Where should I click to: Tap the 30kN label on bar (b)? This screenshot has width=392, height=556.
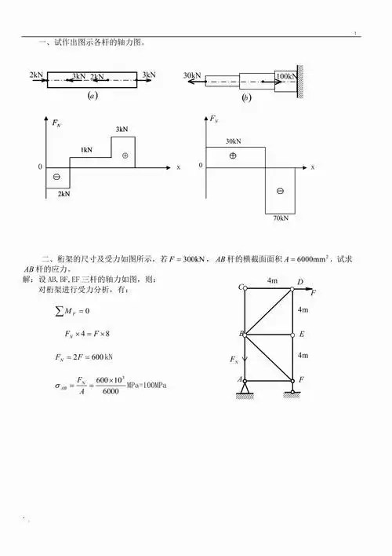[x=192, y=75]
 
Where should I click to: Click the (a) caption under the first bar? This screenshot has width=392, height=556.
[x=93, y=96]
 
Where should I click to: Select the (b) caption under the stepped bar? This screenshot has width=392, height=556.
[x=246, y=97]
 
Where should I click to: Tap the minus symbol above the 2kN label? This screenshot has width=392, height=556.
[x=56, y=177]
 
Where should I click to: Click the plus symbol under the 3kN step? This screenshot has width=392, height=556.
[x=123, y=155]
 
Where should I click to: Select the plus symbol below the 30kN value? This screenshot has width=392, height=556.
[x=232, y=155]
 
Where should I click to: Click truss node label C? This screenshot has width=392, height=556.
[x=241, y=287]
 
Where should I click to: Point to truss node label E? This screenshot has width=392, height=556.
[x=300, y=334]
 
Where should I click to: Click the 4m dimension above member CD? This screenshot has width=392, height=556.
[x=271, y=280]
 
